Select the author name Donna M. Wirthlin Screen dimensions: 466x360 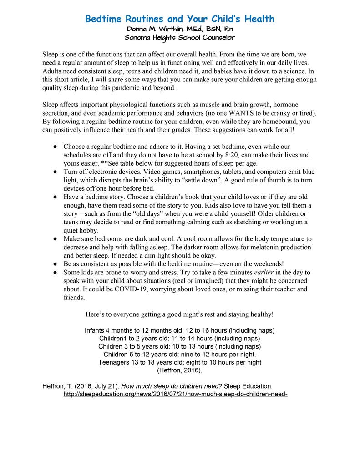click(x=157, y=30)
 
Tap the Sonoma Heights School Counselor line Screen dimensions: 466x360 click(x=179, y=38)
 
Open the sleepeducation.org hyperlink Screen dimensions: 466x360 click(x=175, y=394)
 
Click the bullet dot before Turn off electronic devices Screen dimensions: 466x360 click(x=54, y=172)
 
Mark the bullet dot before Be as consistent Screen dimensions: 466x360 click(x=54, y=264)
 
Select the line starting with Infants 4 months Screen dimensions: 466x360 click(x=179, y=330)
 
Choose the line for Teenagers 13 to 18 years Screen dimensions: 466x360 click(x=179, y=362)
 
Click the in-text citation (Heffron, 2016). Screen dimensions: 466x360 click(x=179, y=370)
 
